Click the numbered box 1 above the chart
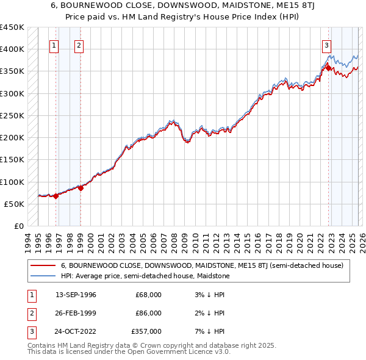tap(54, 45)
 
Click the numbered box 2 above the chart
tap(79, 45)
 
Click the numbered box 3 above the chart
tap(326, 45)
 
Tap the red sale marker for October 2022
tap(328, 68)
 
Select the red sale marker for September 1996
tap(56, 196)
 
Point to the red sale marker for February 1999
tap(81, 188)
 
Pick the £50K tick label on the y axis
tap(14, 204)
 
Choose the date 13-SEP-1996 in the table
tap(76, 295)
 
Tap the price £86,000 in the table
tap(148, 313)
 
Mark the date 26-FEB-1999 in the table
tap(76, 313)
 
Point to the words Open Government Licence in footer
tap(182, 352)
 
